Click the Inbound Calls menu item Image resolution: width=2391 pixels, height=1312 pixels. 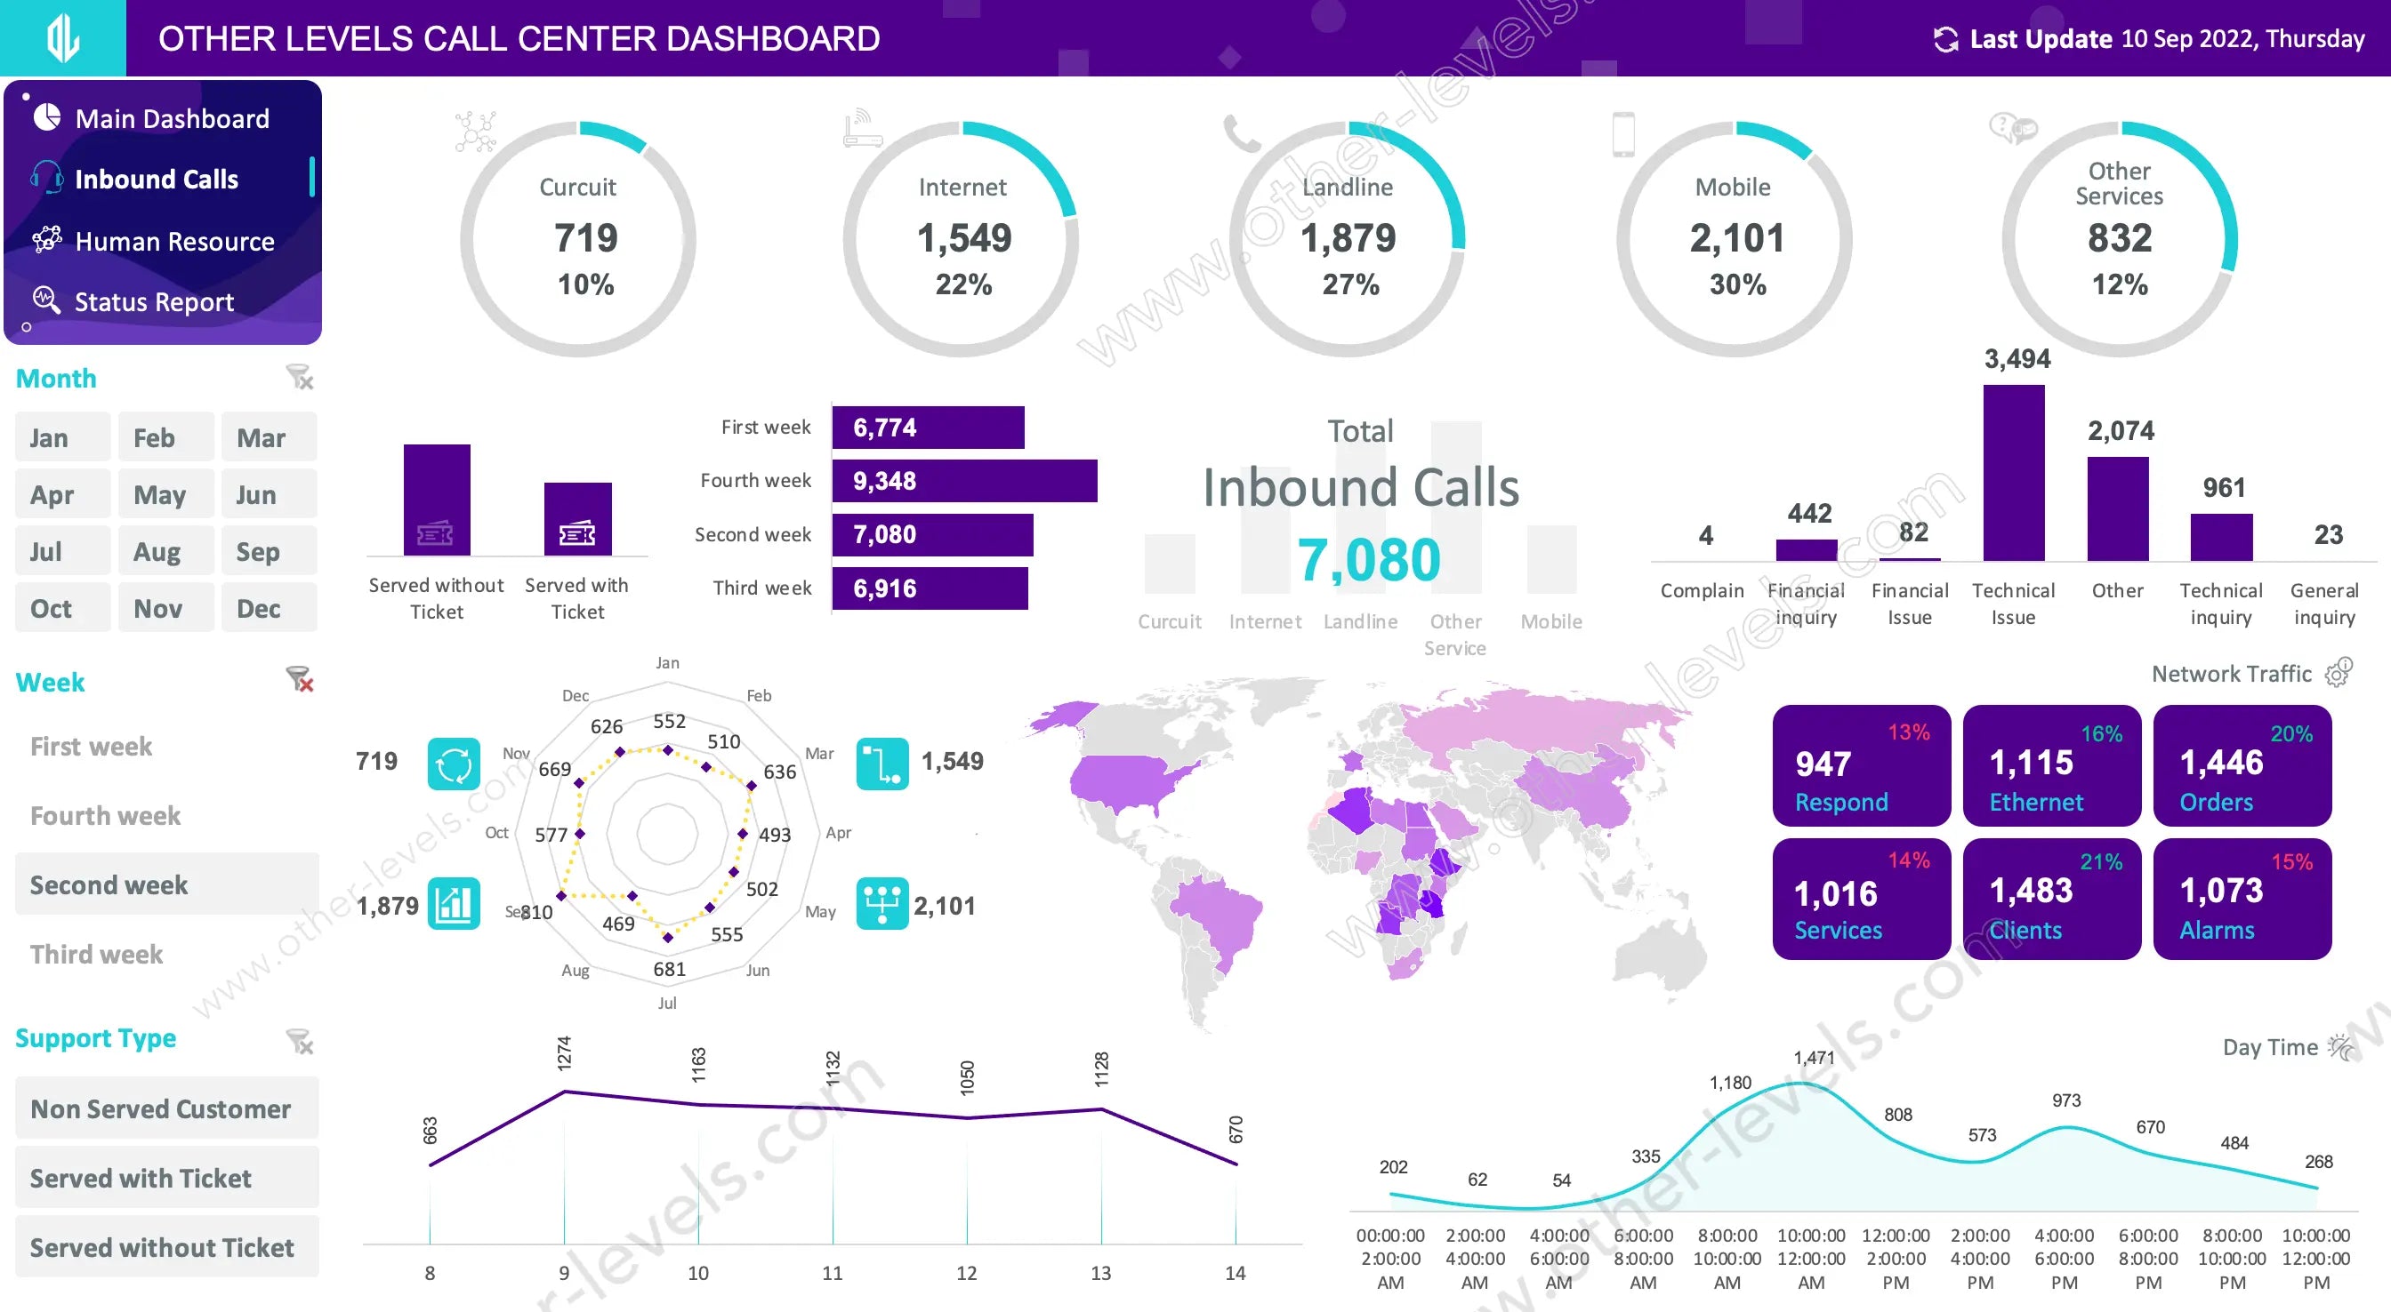[156, 179]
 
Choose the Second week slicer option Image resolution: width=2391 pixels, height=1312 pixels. [167, 884]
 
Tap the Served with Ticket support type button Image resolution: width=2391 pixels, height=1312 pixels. [167, 1178]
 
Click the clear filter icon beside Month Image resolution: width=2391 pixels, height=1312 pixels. [299, 378]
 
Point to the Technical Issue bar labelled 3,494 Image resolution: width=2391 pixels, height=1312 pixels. [2013, 473]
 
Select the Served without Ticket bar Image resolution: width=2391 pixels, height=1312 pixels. [436, 500]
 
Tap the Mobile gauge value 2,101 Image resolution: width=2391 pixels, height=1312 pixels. [1735, 238]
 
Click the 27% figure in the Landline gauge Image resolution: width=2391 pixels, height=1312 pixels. [1350, 284]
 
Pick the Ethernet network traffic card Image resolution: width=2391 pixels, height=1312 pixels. [2051, 765]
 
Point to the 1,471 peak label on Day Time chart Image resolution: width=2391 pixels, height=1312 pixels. [1813, 1058]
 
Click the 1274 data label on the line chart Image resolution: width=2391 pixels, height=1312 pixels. [564, 1054]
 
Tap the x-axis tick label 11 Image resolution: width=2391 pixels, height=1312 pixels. [832, 1273]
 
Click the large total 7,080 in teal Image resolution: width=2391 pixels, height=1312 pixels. [1368, 560]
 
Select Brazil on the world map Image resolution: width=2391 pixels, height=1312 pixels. [1216, 914]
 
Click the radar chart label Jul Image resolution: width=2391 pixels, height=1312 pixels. [666, 1003]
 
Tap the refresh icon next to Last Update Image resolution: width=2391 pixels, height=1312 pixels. [1945, 39]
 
